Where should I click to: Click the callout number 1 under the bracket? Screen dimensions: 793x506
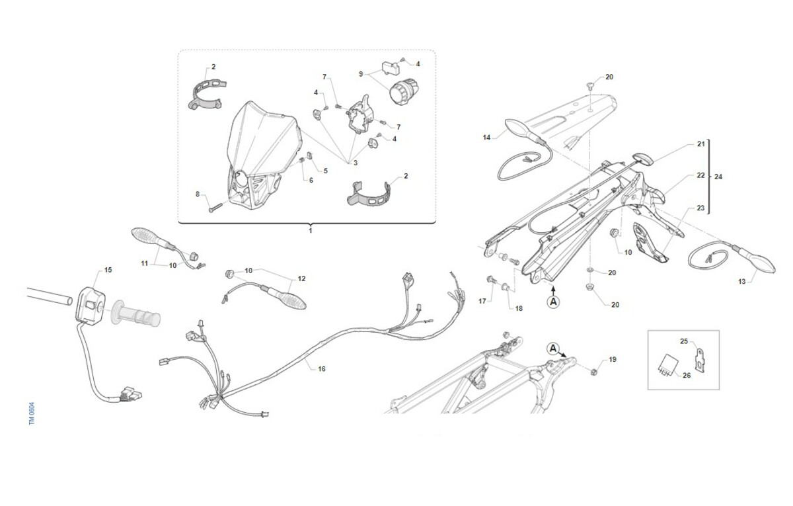(x=311, y=231)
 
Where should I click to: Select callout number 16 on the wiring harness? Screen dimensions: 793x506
(x=321, y=369)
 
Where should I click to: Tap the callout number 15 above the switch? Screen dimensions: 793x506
(x=108, y=270)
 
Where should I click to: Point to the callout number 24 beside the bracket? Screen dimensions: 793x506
(x=718, y=177)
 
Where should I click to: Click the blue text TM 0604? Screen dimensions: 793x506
(x=32, y=413)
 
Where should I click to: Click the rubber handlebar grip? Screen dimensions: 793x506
(x=135, y=314)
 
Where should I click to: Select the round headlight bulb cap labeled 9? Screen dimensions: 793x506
(x=404, y=92)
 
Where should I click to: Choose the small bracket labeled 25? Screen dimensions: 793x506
(x=700, y=360)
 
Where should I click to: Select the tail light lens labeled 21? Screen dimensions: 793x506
(x=643, y=159)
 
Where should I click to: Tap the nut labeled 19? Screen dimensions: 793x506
(x=593, y=372)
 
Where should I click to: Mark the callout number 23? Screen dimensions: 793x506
(x=700, y=208)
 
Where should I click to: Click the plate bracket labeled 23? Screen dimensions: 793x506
(x=649, y=242)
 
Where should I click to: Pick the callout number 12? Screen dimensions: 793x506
(x=301, y=279)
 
